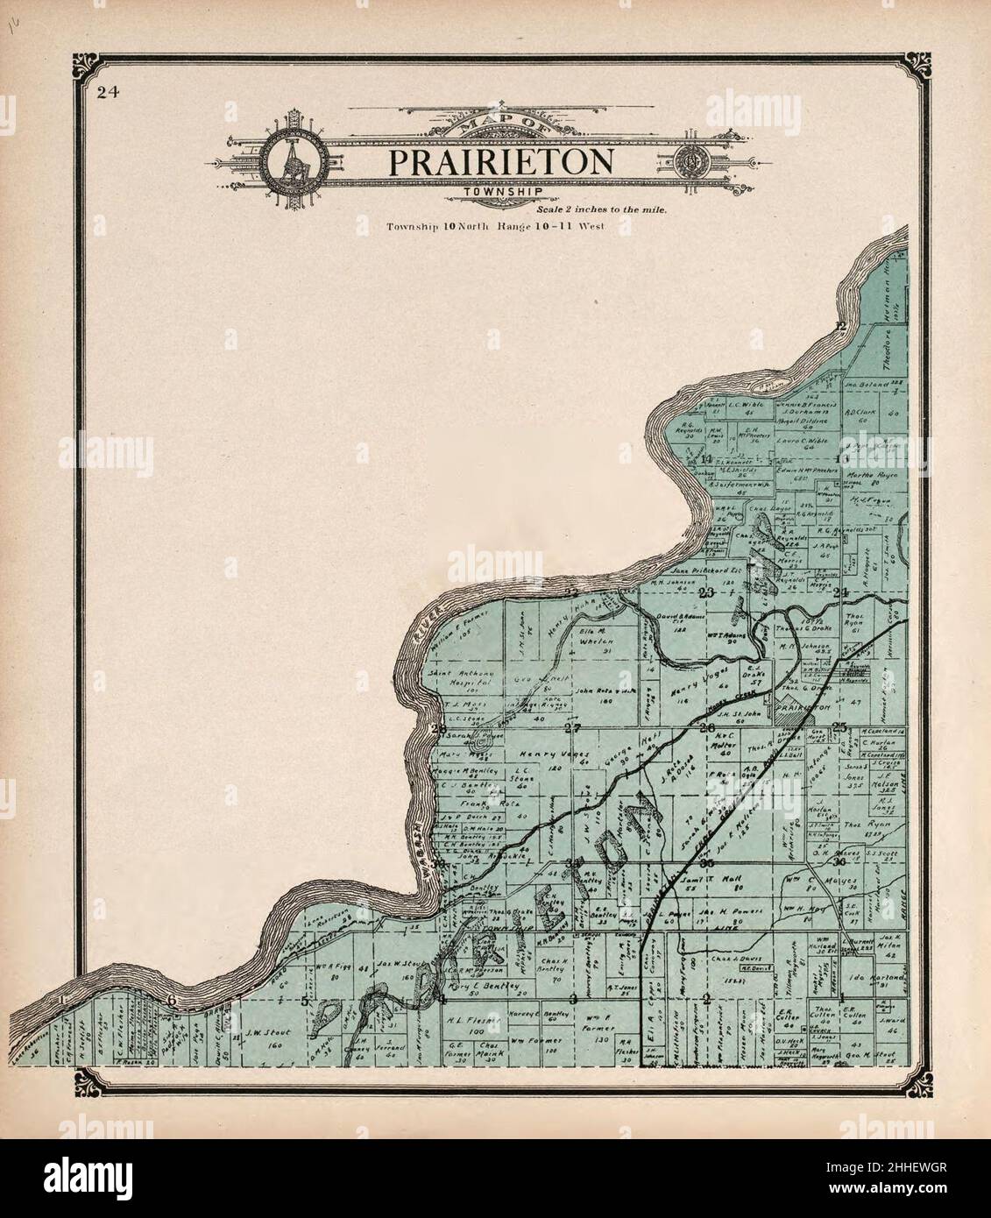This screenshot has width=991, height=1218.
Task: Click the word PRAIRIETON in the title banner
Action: (x=500, y=162)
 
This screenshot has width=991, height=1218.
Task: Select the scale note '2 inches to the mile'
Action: (x=601, y=210)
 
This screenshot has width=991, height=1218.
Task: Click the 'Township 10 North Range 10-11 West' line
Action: (x=496, y=227)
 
